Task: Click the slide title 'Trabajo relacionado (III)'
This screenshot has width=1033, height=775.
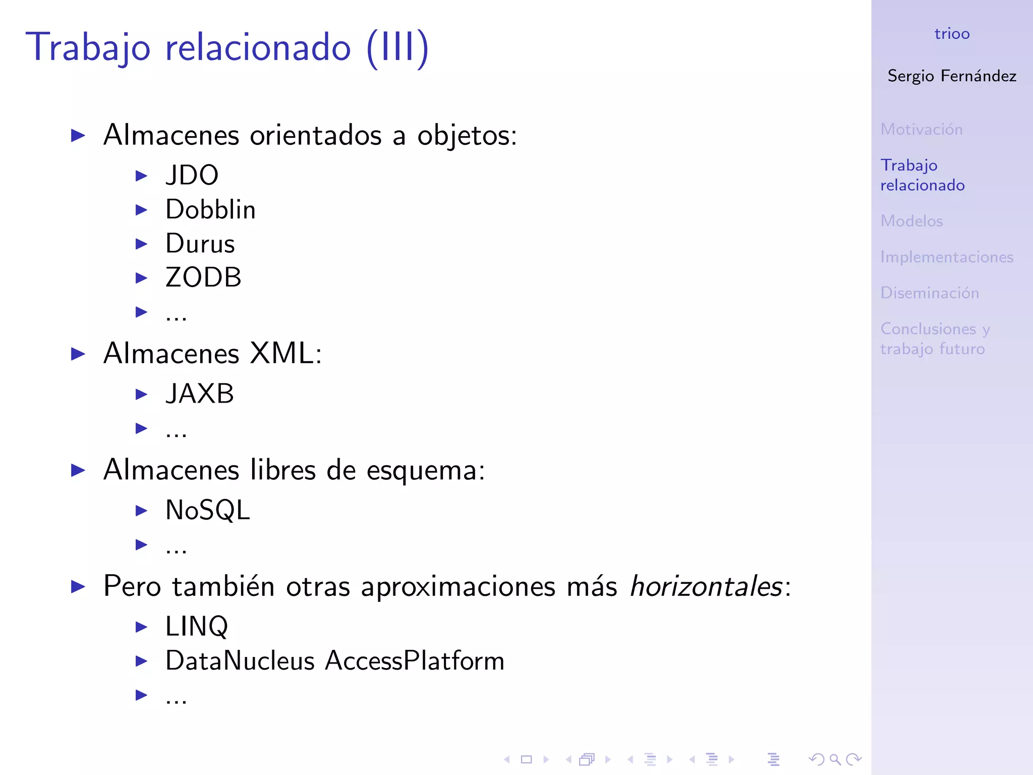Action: (x=227, y=47)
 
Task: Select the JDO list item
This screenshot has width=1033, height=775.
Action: (x=192, y=176)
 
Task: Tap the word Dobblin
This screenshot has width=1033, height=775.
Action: (x=211, y=210)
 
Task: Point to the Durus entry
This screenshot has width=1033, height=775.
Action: (x=200, y=244)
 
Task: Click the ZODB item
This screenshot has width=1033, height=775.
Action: (x=204, y=278)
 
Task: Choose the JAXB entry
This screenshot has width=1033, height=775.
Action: (x=200, y=394)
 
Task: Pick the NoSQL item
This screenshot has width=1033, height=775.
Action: (x=208, y=510)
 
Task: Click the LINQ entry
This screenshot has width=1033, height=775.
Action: (x=197, y=627)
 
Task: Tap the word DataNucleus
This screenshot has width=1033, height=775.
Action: (x=240, y=661)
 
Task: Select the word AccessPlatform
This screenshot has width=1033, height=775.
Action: (x=415, y=661)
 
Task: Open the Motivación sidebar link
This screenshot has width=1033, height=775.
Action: (x=922, y=130)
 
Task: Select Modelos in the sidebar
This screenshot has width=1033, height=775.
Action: (x=911, y=221)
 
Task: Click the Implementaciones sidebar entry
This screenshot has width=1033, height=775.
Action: (x=947, y=257)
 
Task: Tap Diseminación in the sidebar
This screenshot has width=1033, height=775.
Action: (x=930, y=293)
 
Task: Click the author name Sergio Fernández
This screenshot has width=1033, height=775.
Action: (x=952, y=76)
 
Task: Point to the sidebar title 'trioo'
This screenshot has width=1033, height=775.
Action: (x=952, y=34)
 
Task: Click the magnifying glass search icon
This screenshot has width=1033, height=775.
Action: (x=835, y=759)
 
